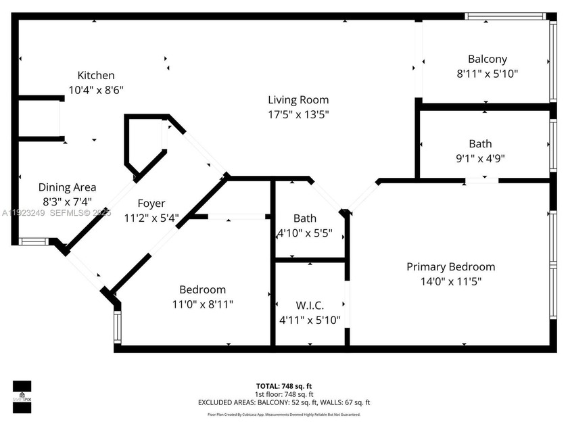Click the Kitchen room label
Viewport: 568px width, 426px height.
click(95, 76)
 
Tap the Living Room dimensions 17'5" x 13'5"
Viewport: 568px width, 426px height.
click(298, 114)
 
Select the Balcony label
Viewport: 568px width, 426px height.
click(487, 60)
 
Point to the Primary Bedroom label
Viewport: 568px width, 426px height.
click(450, 267)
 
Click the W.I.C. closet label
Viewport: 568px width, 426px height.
click(309, 305)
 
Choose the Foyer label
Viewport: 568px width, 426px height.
click(151, 203)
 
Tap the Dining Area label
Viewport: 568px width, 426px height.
click(67, 187)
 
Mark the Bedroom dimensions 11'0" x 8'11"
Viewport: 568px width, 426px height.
click(203, 304)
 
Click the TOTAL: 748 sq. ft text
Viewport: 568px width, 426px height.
click(284, 386)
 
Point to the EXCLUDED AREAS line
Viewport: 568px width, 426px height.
click(284, 402)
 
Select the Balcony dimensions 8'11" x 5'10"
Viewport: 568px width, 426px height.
click(487, 73)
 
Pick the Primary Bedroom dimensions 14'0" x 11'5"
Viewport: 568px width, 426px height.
click(450, 281)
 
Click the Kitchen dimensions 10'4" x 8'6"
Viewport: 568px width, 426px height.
click(95, 89)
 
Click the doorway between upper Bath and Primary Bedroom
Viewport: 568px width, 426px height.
click(481, 181)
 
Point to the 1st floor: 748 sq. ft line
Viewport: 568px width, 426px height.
click(284, 394)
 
